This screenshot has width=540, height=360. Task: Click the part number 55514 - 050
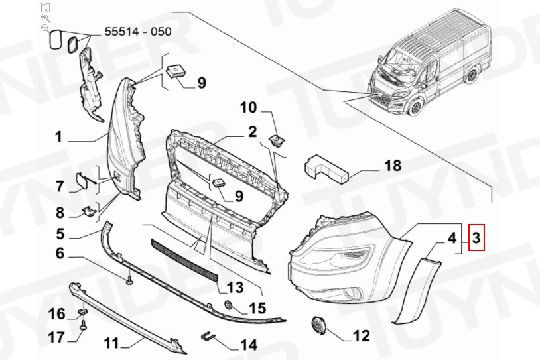tap(138, 32)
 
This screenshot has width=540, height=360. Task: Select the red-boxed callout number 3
tap(476, 237)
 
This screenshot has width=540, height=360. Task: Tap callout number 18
tap(393, 166)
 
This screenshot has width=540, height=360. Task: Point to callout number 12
tap(361, 336)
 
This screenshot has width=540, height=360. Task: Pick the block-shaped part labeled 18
tap(326, 169)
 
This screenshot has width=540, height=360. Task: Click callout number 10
tap(249, 107)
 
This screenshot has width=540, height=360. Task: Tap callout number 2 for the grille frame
tap(252, 132)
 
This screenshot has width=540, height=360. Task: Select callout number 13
tap(235, 287)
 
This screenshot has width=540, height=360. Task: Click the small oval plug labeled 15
tap(228, 305)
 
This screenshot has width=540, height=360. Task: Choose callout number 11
tap(111, 343)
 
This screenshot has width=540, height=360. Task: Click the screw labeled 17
tap(83, 326)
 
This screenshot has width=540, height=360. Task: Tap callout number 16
tap(56, 314)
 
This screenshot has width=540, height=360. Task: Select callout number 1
tap(59, 137)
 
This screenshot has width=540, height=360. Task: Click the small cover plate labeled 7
tap(82, 181)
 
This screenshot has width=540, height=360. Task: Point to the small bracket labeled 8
tap(88, 211)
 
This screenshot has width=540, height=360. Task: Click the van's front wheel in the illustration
tap(414, 105)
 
